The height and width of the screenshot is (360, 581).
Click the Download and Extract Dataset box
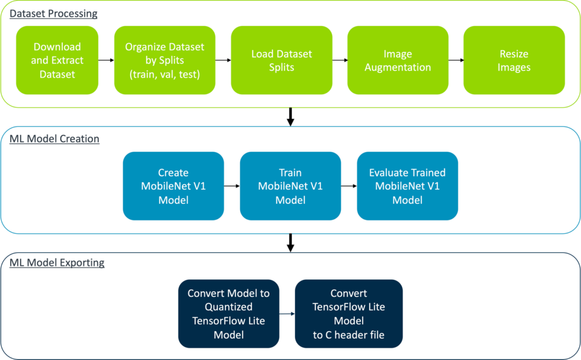coord(57,60)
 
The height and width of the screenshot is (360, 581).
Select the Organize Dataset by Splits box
coord(165,60)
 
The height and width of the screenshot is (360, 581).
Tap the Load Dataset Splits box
coord(281,60)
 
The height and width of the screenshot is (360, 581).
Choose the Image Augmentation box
coord(398,60)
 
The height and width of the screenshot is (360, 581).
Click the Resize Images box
coord(514,60)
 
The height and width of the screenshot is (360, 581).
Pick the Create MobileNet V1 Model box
coord(173,186)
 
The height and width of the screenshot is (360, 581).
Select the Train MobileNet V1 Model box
coord(290,186)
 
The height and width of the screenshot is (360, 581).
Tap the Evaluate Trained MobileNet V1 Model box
coord(407,186)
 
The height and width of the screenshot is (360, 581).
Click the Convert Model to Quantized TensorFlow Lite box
coord(229,314)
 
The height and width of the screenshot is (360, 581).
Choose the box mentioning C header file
coord(348,314)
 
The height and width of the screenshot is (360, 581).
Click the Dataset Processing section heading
coord(53,13)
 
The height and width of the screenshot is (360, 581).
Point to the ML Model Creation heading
coord(54,139)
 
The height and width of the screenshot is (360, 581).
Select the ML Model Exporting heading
coord(57,262)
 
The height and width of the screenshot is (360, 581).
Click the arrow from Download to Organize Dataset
coord(106,59)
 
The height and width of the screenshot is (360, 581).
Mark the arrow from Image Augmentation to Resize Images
coord(456,59)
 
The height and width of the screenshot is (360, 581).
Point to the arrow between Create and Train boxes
coord(232,185)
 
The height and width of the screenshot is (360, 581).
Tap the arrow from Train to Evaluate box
coord(349,185)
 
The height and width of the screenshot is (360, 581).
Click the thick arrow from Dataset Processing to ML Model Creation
coord(290,116)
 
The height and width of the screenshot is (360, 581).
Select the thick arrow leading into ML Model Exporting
coord(290,242)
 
